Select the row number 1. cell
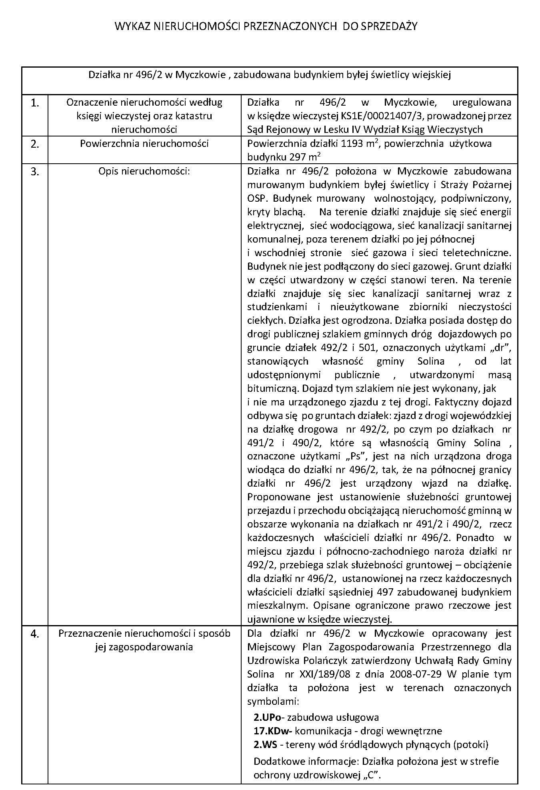(35, 103)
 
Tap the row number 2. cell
(35, 144)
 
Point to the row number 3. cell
(35, 172)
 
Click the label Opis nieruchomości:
(144, 171)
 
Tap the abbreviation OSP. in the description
(257, 199)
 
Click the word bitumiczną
(272, 388)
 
